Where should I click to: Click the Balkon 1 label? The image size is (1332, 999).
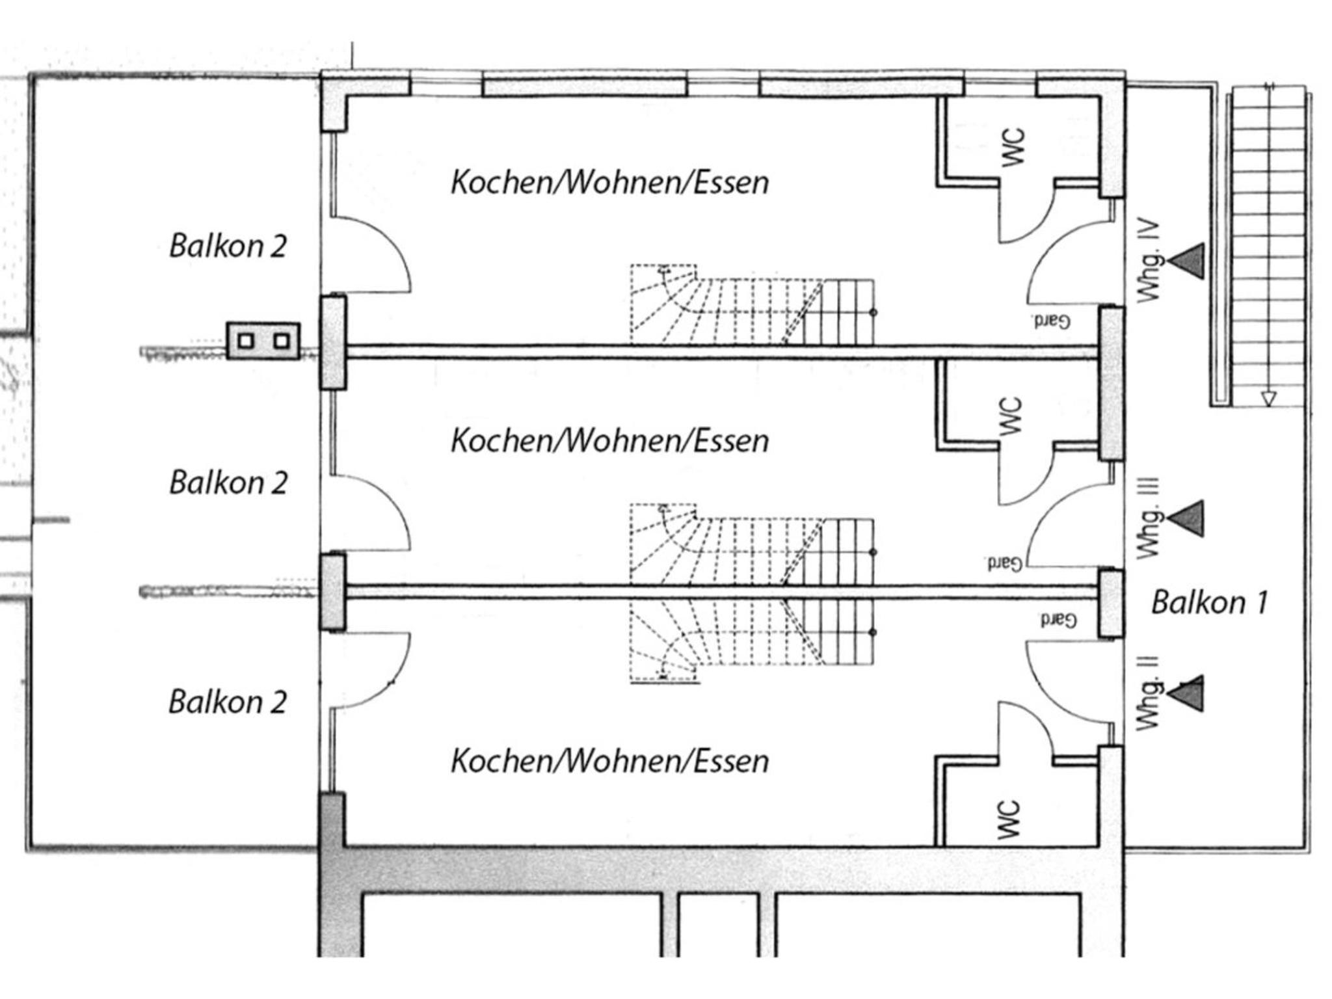[1210, 602]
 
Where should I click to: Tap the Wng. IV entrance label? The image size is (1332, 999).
[1149, 261]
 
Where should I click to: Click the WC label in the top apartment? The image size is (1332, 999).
[1013, 148]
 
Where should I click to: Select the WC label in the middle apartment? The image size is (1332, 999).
[1011, 416]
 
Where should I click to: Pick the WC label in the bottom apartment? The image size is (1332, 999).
[1008, 820]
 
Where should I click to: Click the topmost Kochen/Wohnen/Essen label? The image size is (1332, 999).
[610, 182]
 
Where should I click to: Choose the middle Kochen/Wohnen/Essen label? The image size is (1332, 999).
[610, 440]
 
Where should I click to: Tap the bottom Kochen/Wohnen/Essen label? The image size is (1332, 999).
[610, 760]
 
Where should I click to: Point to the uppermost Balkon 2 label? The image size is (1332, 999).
[228, 246]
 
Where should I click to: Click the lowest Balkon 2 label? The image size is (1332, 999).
[228, 702]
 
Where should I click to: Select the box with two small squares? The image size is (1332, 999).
[263, 341]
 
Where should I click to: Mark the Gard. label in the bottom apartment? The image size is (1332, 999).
[1058, 620]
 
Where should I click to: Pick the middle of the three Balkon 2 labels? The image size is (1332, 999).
[228, 483]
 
